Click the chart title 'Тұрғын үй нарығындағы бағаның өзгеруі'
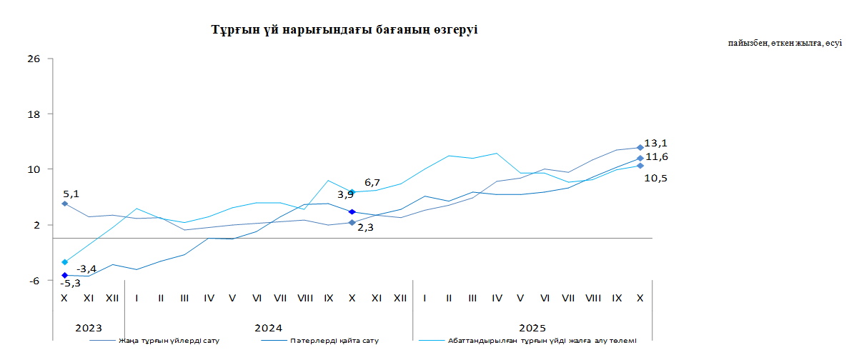[344, 30]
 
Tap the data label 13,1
[655, 143]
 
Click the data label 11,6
[656, 156]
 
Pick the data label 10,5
[655, 178]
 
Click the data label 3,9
[345, 194]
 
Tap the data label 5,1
[71, 193]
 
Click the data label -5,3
[70, 284]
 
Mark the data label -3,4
[86, 269]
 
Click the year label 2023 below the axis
[89, 328]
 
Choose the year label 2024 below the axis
[268, 328]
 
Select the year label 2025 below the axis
[532, 328]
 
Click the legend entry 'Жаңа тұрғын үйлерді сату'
[170, 341]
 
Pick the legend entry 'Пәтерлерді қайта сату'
[334, 341]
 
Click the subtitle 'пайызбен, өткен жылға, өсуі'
[785, 44]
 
